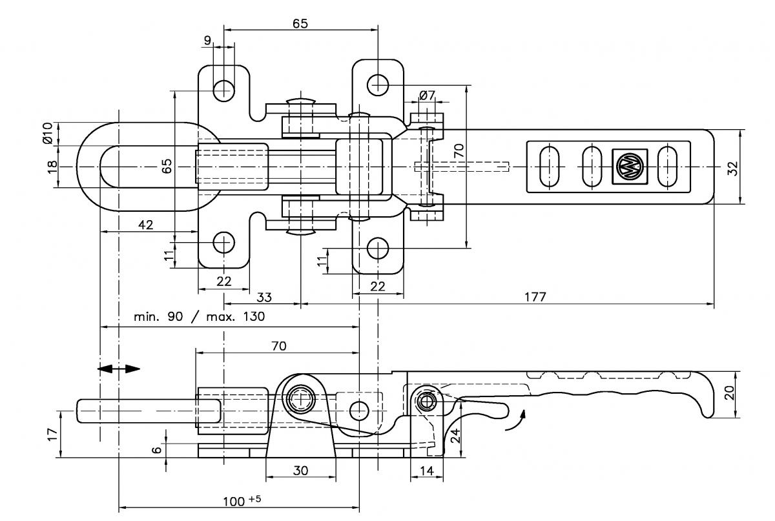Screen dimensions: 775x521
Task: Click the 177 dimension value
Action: [535, 297]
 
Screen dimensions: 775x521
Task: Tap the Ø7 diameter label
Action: [427, 95]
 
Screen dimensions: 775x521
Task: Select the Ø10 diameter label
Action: [47, 133]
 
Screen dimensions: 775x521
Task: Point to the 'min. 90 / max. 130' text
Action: [200, 316]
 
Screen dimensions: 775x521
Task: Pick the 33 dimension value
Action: [264, 297]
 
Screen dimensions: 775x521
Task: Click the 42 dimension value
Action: [146, 225]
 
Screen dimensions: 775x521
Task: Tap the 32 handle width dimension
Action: [733, 169]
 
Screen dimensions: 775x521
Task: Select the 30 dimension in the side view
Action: [300, 471]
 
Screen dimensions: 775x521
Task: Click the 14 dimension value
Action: [427, 471]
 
